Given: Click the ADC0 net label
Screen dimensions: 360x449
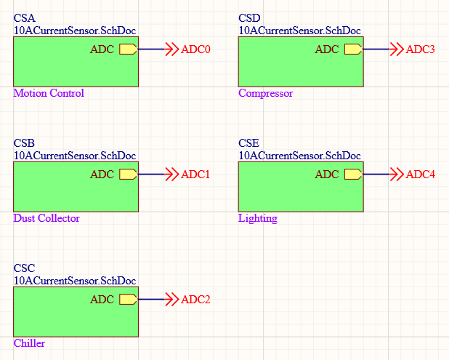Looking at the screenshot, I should click(195, 49).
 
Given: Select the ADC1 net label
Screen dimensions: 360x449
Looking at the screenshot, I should click(195, 175).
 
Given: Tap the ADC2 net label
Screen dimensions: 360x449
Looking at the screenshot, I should click(195, 300).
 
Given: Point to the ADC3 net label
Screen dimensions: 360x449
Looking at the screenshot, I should click(420, 49).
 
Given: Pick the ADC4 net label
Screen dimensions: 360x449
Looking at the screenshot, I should click(420, 175).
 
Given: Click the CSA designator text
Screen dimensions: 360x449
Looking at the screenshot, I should click(24, 18).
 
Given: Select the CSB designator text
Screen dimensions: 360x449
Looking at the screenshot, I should click(24, 143).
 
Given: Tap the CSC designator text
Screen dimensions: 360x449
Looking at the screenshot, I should click(24, 268).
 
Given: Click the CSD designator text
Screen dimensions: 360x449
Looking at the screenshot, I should click(249, 18).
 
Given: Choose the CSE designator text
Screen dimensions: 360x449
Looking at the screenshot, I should click(248, 143).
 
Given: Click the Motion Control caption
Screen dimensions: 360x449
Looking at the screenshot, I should click(49, 93).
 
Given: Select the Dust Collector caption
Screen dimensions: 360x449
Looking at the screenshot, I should click(46, 218).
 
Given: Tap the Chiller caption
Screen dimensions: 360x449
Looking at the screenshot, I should click(29, 343).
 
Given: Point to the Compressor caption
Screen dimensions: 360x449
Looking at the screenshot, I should click(266, 93).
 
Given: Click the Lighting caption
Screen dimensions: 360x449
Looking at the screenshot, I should click(258, 218).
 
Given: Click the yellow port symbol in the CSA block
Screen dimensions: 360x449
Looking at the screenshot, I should click(128, 49).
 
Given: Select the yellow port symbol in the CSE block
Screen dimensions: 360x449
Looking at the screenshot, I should click(353, 175).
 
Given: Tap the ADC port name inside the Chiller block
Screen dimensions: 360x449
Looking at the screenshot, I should click(102, 300).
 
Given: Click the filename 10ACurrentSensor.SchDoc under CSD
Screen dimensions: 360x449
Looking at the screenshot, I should click(299, 31).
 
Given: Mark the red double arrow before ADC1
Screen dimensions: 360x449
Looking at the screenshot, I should click(171, 175).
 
